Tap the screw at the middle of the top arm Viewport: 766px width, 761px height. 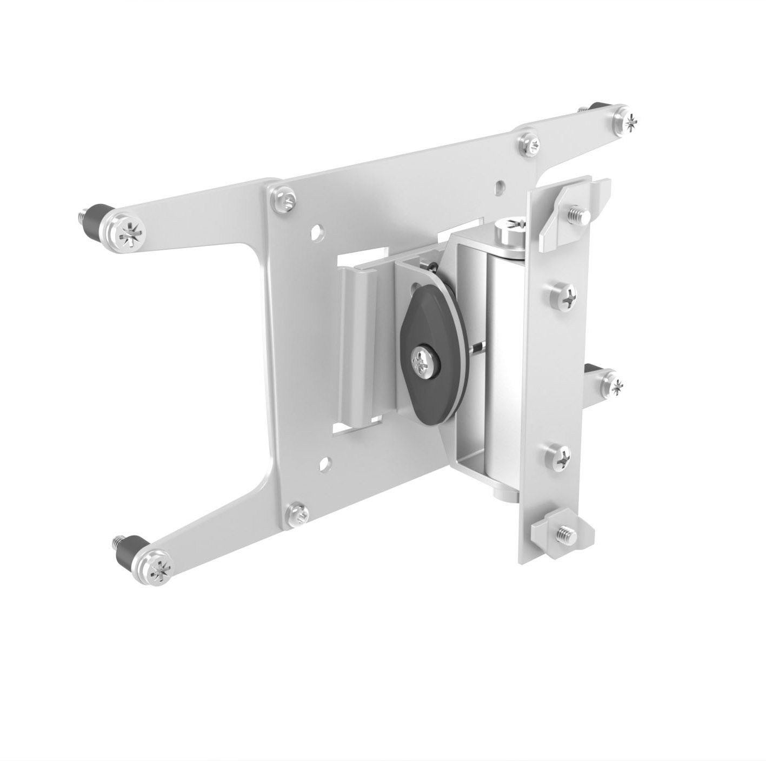528,142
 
